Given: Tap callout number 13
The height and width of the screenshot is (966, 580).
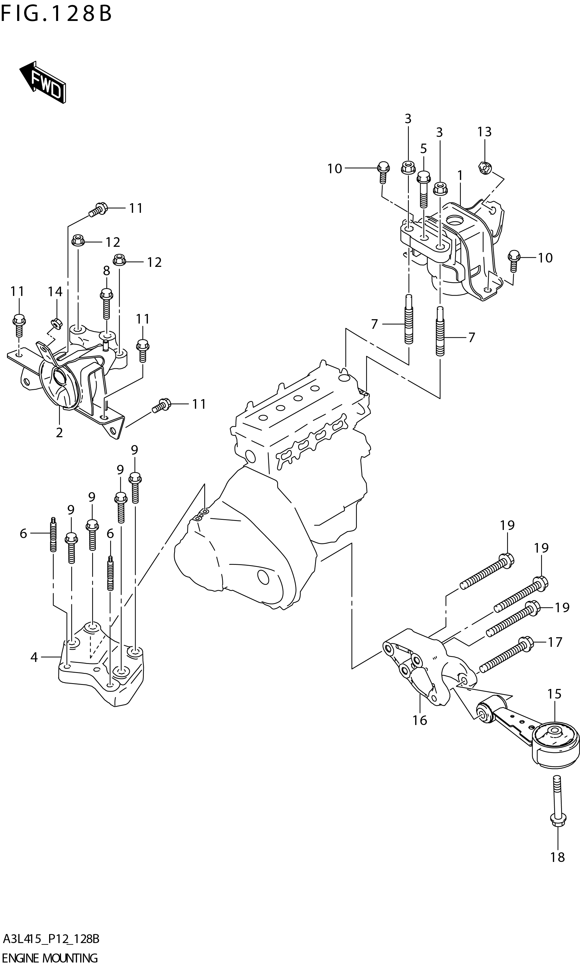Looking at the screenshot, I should (484, 132).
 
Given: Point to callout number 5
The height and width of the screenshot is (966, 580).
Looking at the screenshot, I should (423, 149).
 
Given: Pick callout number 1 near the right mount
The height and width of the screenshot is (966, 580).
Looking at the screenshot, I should (460, 176).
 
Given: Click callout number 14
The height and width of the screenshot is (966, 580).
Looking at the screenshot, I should (55, 292).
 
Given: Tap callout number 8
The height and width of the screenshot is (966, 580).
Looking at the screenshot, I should (106, 271).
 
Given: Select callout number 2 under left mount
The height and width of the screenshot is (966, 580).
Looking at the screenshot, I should (59, 433).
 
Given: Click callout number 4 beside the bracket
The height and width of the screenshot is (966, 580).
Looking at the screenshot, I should (34, 658).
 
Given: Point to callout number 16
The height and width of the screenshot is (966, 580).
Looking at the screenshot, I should (420, 720).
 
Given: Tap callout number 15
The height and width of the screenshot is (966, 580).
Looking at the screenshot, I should (554, 694).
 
